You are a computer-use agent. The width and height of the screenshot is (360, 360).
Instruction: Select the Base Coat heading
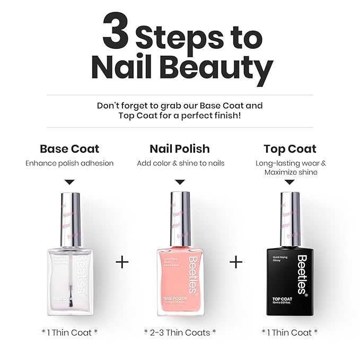click(69, 148)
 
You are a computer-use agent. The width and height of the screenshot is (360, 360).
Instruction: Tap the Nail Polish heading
click(180, 148)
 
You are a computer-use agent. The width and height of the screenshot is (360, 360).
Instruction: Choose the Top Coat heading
click(289, 148)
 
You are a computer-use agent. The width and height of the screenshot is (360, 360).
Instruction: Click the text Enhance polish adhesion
click(69, 163)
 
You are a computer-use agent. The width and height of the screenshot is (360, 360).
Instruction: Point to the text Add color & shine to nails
click(180, 163)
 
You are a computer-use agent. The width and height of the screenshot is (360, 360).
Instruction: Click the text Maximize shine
click(290, 172)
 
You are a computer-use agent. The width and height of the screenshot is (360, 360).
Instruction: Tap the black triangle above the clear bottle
click(69, 181)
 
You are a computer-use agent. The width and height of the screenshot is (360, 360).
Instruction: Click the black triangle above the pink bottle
click(180, 181)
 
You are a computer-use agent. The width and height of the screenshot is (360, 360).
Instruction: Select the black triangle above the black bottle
click(290, 182)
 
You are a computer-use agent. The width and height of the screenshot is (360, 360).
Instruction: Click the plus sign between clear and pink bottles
click(122, 262)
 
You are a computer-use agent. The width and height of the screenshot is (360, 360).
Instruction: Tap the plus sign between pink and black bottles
click(236, 262)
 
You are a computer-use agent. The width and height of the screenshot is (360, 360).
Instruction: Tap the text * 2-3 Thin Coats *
click(180, 332)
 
